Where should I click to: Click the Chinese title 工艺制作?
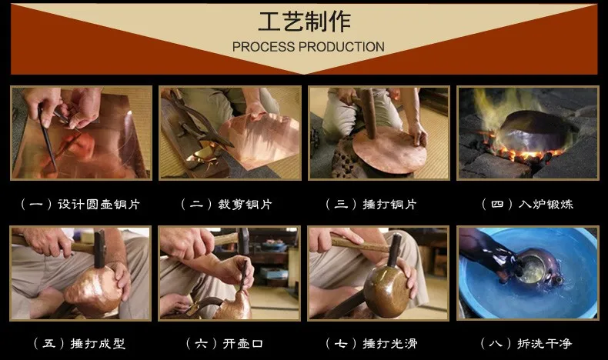coord(305,22)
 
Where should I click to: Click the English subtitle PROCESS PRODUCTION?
coord(309,47)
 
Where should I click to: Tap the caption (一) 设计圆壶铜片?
coord(80,204)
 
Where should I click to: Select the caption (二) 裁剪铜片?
coord(227,204)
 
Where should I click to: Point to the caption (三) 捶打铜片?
coord(372,204)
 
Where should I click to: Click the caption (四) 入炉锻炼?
coord(527,204)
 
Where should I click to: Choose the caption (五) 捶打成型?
coord(79,343)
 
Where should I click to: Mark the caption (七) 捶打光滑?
coord(372,343)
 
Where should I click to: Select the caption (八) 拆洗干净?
coord(526,343)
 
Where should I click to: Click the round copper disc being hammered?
coord(389,150)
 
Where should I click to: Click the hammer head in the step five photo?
coord(99,248)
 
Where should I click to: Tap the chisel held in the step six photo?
coord(243,276)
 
